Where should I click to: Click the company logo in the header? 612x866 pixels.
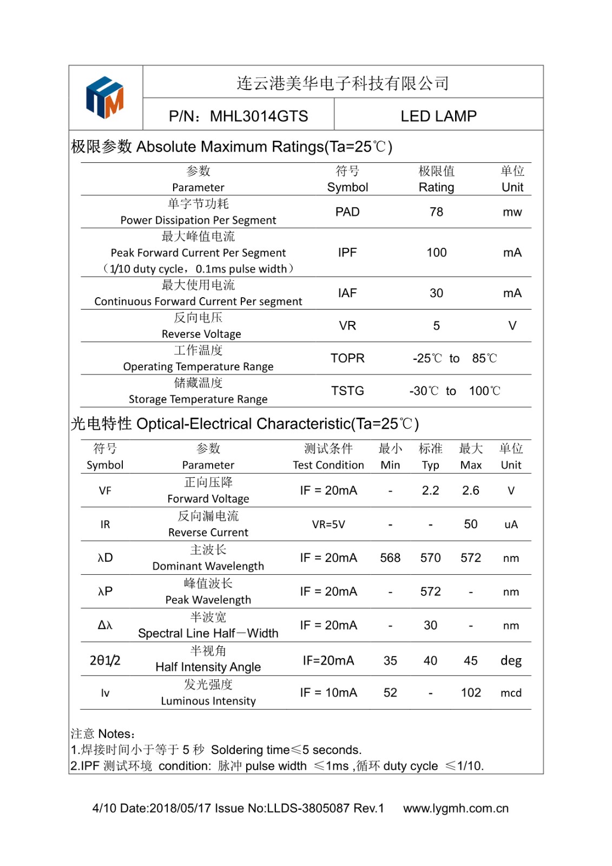click(x=105, y=97)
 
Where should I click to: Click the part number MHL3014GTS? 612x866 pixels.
click(x=259, y=116)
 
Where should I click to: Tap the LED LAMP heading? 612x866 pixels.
click(x=438, y=116)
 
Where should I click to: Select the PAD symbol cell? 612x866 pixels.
click(x=347, y=212)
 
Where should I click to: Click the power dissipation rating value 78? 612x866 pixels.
click(x=436, y=212)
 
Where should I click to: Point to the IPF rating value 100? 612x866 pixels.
click(x=436, y=253)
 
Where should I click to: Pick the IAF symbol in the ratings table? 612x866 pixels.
click(x=347, y=293)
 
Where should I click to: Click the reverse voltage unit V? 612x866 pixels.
click(x=512, y=326)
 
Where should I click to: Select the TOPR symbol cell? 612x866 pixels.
click(x=347, y=358)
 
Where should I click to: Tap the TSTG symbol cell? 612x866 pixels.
click(x=347, y=391)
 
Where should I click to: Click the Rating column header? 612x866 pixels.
click(x=436, y=187)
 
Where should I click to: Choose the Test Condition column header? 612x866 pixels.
click(x=328, y=465)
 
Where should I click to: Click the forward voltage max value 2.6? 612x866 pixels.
click(x=470, y=490)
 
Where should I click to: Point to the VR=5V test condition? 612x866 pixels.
click(x=328, y=524)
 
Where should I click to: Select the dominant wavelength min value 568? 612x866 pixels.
click(x=390, y=558)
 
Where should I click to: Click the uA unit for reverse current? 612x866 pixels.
click(x=511, y=524)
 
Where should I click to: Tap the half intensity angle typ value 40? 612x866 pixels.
click(x=430, y=661)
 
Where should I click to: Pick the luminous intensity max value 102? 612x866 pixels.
click(x=471, y=693)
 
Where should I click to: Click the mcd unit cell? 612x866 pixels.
click(x=511, y=693)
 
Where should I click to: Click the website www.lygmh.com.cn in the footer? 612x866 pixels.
click(x=456, y=809)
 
